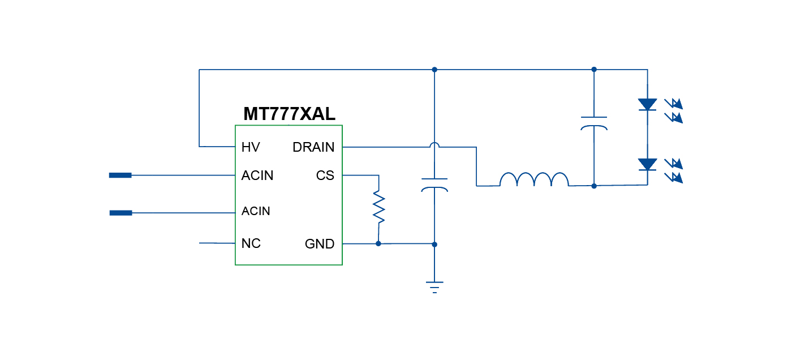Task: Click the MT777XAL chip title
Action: [x=289, y=114]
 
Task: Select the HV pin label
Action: [x=251, y=147]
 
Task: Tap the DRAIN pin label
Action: [x=313, y=147]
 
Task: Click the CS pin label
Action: [x=325, y=175]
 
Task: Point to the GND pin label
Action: [x=320, y=244]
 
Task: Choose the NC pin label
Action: [x=251, y=243]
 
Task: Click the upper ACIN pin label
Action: [x=257, y=175]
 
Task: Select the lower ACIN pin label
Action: [x=256, y=211]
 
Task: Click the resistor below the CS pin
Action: [x=378, y=208]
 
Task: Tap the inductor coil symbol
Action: [x=534, y=179]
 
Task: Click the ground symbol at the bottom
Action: [x=434, y=287]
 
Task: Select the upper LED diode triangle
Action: [x=647, y=104]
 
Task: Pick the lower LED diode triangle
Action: [x=647, y=164]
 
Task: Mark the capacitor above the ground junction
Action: [x=434, y=185]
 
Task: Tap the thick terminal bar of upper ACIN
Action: [x=120, y=175]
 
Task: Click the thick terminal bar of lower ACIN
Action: [x=120, y=213]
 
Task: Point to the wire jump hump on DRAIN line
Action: [x=434, y=145]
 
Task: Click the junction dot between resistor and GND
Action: [x=378, y=243]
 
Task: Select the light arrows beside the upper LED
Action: [x=674, y=110]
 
